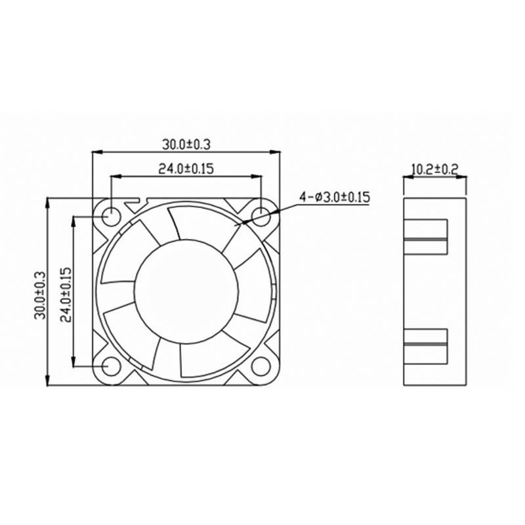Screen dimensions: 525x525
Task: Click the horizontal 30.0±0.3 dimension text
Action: click(186, 143)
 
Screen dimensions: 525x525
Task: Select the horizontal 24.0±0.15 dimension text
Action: click(186, 168)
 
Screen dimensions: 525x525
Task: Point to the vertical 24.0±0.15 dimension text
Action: click(64, 293)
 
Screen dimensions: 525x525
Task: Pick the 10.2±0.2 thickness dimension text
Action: click(434, 169)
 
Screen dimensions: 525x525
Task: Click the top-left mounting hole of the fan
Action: click(110, 215)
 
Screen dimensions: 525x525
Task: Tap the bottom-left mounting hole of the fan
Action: click(110, 365)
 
